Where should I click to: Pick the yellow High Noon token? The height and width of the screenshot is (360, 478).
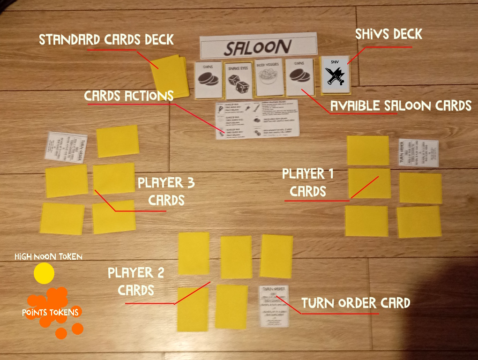click(x=44, y=273)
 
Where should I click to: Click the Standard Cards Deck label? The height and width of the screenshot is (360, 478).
click(x=106, y=39)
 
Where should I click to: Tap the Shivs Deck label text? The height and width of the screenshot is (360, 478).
click(x=388, y=34)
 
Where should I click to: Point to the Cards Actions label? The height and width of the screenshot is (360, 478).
click(x=128, y=96)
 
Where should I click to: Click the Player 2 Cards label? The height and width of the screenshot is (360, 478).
click(x=136, y=281)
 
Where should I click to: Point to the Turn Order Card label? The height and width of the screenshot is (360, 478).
click(x=356, y=303)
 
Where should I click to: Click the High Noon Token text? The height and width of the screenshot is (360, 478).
click(x=48, y=256)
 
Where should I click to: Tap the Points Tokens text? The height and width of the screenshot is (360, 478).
click(x=50, y=312)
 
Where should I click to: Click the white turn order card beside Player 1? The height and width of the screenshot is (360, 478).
click(x=418, y=153)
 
